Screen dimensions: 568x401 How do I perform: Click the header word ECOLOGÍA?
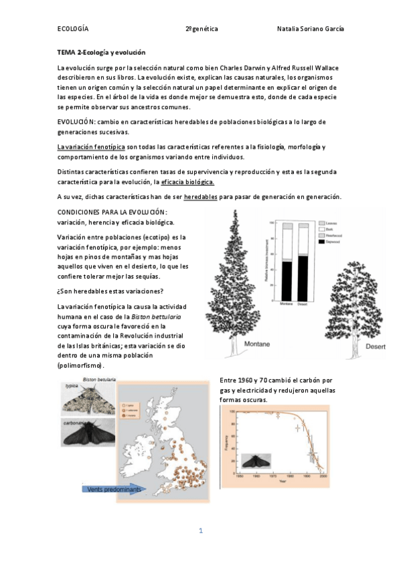pos(73,29)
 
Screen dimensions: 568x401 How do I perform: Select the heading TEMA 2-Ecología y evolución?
pos(101,52)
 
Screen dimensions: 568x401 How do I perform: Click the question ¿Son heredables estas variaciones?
pos(110,290)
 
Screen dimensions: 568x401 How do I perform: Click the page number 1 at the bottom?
pos(200,531)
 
